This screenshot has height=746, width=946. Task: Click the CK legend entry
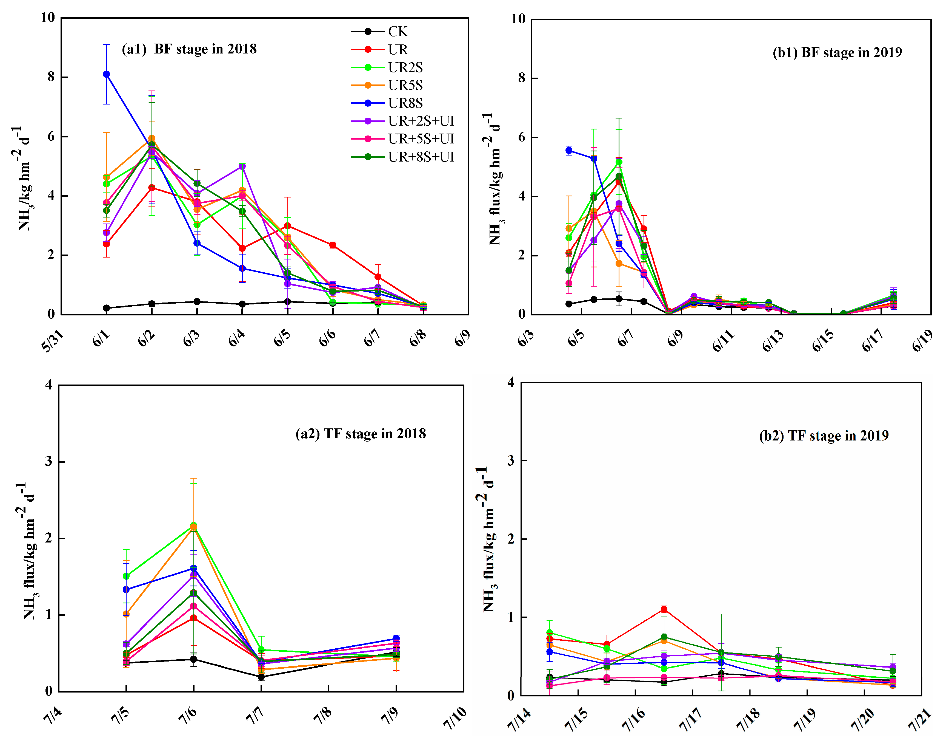pyautogui.click(x=397, y=32)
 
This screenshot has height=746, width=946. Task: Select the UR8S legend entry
pyautogui.click(x=405, y=103)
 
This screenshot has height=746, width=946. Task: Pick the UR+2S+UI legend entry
pyautogui.click(x=421, y=121)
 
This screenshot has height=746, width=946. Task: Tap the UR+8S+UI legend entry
pyautogui.click(x=421, y=157)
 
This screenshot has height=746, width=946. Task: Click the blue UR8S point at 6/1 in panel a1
pyautogui.click(x=107, y=74)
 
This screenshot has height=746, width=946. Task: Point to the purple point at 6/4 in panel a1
pyautogui.click(x=242, y=166)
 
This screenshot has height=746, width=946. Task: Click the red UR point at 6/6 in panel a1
pyautogui.click(x=333, y=245)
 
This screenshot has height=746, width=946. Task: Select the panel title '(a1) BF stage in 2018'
pyautogui.click(x=189, y=49)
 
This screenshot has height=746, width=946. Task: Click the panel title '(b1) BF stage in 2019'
pyautogui.click(x=837, y=52)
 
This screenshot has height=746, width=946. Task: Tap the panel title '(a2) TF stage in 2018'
pyautogui.click(x=361, y=434)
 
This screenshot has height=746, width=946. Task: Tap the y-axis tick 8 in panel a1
pyautogui.click(x=51, y=77)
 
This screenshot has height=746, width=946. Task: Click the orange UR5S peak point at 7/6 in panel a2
pyautogui.click(x=193, y=527)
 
